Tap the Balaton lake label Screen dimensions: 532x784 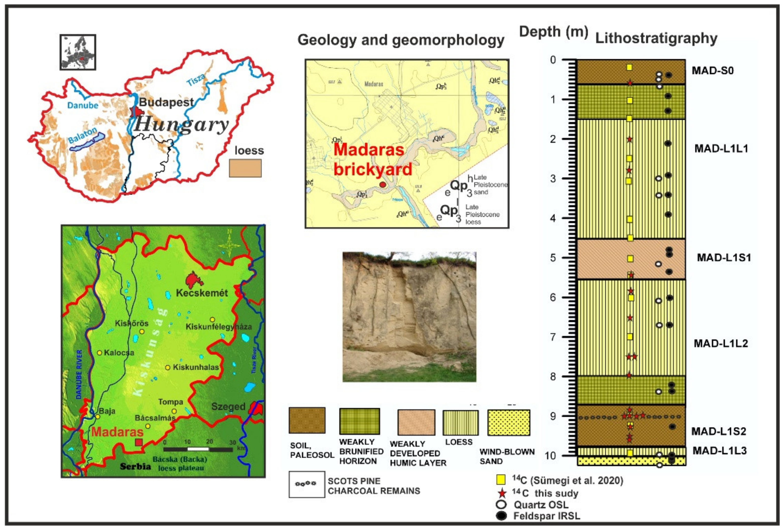click(82, 136)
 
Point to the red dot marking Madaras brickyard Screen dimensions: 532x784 click(382, 185)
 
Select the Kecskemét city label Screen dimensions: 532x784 click(202, 293)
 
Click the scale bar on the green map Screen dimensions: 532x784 click(198, 449)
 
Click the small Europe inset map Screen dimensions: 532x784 click(78, 52)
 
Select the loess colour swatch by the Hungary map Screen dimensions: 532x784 click(245, 168)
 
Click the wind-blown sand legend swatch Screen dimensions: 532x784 click(508, 423)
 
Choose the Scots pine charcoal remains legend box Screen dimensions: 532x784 click(307, 484)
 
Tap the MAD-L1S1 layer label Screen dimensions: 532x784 click(724, 258)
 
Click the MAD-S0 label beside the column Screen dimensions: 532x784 click(712, 71)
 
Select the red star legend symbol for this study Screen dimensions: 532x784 click(502, 493)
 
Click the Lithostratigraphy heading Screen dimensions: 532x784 click(656, 38)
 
